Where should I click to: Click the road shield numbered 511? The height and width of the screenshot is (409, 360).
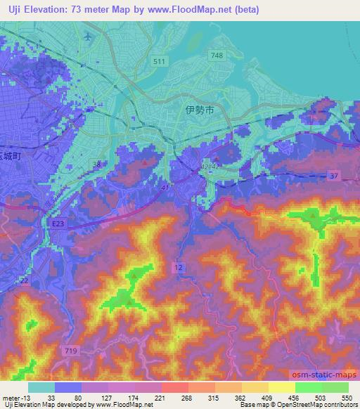tap(160, 63)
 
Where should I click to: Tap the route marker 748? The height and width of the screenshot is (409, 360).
tap(217, 56)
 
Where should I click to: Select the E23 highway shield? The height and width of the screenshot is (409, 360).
tap(58, 223)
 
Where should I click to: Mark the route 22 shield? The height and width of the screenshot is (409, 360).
tap(24, 280)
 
